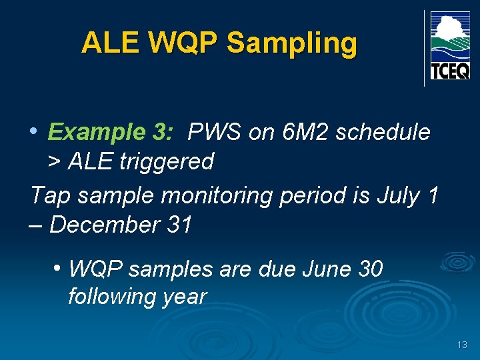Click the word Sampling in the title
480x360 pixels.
tap(292, 44)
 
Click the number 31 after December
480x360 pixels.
tap(180, 225)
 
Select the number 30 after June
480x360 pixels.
tap(371, 269)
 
